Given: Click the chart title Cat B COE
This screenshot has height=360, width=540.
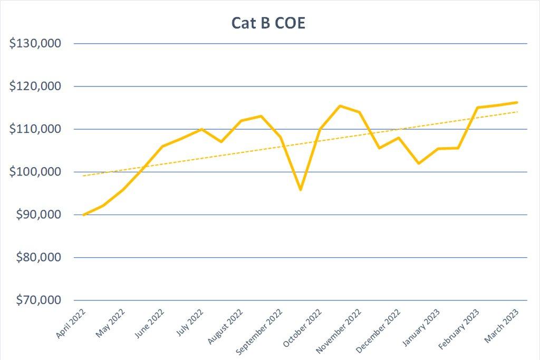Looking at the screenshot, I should coord(268,23).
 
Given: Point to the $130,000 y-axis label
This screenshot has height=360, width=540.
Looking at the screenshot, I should coord(36,43).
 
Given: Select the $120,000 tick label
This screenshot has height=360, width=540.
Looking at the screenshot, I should coord(36,86).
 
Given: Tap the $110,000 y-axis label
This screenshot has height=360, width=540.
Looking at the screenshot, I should coord(36,129).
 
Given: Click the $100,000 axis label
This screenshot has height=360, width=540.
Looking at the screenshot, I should coord(36,172).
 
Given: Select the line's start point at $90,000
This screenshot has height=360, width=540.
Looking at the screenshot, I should coord(84,215).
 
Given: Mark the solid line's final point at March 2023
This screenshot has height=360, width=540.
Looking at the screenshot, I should coord(517,102).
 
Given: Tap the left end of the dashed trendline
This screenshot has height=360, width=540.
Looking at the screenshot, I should coord(84,176).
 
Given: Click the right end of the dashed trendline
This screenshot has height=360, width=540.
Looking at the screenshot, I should coord(517,112).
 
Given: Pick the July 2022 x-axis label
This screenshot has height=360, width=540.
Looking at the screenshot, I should coord(188,322).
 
